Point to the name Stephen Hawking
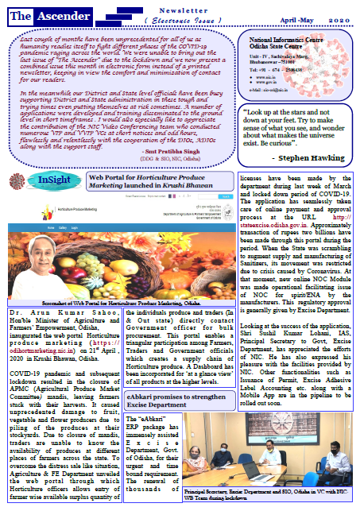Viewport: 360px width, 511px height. (311, 160)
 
